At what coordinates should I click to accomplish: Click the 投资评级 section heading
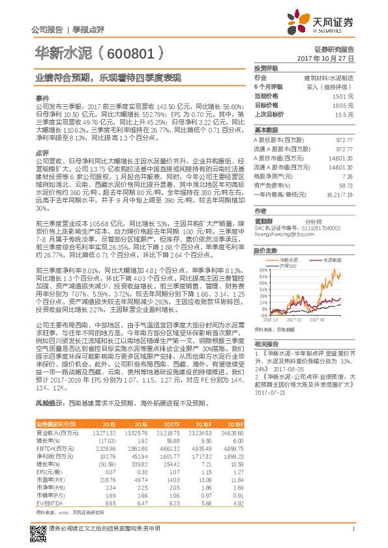(x=267, y=68)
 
